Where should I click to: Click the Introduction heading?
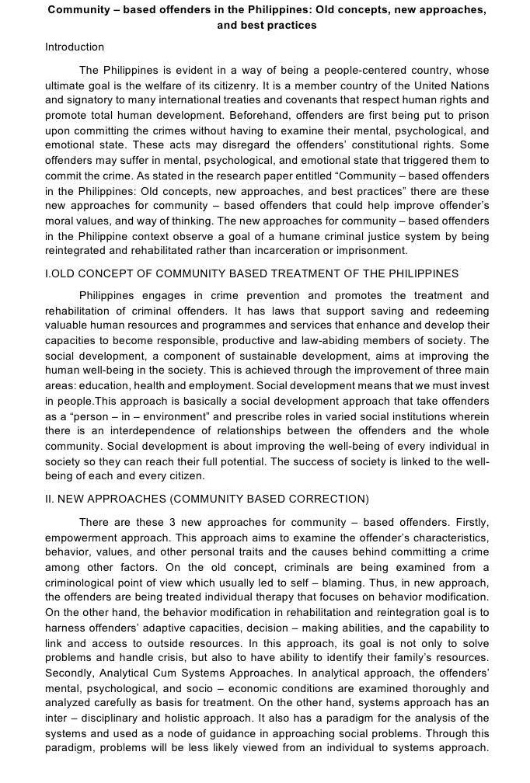coord(75,47)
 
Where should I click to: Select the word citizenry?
coord(248,85)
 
